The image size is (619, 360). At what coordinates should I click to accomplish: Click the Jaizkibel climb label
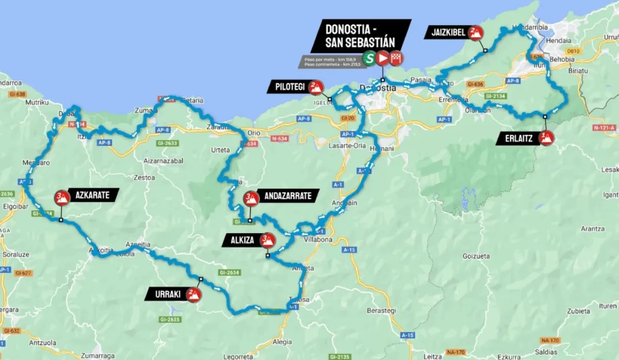click(445, 33)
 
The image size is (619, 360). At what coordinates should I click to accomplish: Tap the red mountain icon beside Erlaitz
click(546, 137)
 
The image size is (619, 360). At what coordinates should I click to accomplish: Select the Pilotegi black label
click(286, 87)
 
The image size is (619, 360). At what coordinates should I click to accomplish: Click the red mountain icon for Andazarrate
click(251, 197)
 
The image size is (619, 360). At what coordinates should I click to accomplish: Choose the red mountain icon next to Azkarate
click(62, 197)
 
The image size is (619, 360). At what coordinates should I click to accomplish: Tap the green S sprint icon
click(368, 58)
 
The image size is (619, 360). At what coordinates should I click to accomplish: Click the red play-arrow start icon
click(382, 58)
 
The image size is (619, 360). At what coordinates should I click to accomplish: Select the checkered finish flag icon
click(397, 58)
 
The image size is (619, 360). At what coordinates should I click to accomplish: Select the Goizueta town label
click(476, 255)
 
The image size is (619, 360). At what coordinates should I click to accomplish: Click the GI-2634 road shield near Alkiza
click(229, 272)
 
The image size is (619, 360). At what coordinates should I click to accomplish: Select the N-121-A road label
click(604, 127)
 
